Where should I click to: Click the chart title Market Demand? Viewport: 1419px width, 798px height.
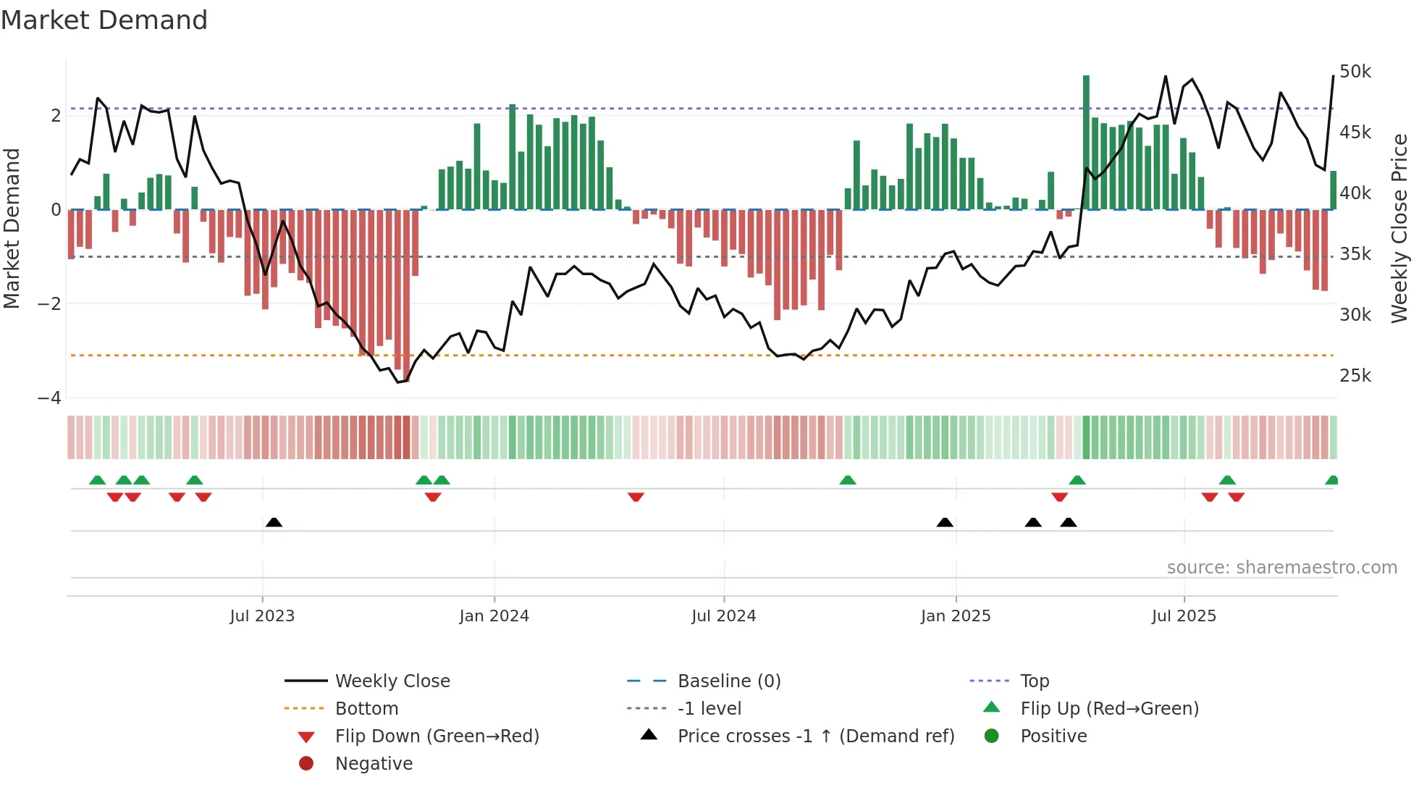104,20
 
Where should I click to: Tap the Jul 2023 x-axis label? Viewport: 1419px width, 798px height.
262,616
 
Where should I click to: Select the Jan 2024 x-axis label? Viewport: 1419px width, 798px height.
494,616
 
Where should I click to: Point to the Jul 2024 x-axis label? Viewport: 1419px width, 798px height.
723,616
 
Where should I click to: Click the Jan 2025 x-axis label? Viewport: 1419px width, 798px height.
955,616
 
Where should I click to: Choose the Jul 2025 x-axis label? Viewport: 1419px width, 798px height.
1184,616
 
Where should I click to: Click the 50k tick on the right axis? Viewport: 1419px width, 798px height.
1355,72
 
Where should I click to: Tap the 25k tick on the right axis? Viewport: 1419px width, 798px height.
1355,376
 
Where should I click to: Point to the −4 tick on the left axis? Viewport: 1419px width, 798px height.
49,398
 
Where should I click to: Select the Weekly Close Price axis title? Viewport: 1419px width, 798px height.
1399,228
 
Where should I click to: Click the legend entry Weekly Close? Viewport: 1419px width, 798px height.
392,681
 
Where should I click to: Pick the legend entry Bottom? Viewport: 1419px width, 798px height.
366,709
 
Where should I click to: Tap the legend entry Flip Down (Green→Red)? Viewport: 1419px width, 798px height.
437,736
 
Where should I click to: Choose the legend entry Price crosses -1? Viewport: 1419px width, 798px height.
815,736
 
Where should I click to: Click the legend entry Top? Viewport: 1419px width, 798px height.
1034,681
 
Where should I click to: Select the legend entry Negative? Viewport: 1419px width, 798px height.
374,764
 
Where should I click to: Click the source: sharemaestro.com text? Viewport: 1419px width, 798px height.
1281,568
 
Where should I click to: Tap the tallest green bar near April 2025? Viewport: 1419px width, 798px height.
1086,142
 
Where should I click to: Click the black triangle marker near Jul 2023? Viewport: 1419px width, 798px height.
274,522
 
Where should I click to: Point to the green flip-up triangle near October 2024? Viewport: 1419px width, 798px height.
848,480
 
